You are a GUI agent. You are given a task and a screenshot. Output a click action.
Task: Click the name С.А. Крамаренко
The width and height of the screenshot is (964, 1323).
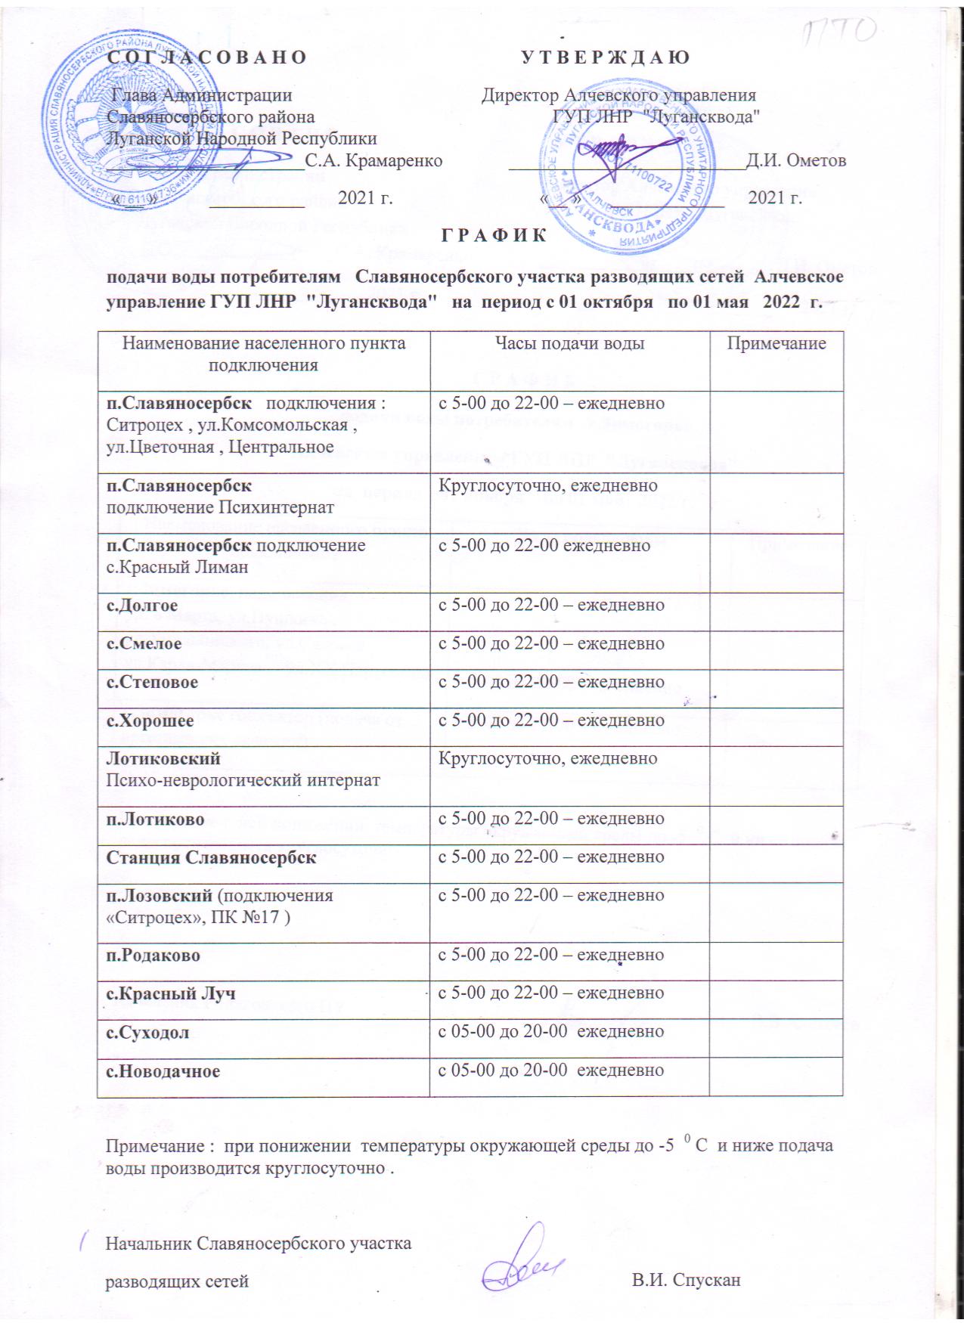[374, 160]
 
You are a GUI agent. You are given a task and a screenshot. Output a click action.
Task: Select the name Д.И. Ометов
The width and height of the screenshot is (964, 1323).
[796, 160]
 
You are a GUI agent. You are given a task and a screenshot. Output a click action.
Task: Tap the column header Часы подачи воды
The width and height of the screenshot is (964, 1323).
[569, 344]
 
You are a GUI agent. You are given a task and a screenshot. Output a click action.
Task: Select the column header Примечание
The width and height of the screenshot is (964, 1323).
[776, 344]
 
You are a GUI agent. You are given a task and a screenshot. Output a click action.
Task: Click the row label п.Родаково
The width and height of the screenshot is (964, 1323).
[153, 956]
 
